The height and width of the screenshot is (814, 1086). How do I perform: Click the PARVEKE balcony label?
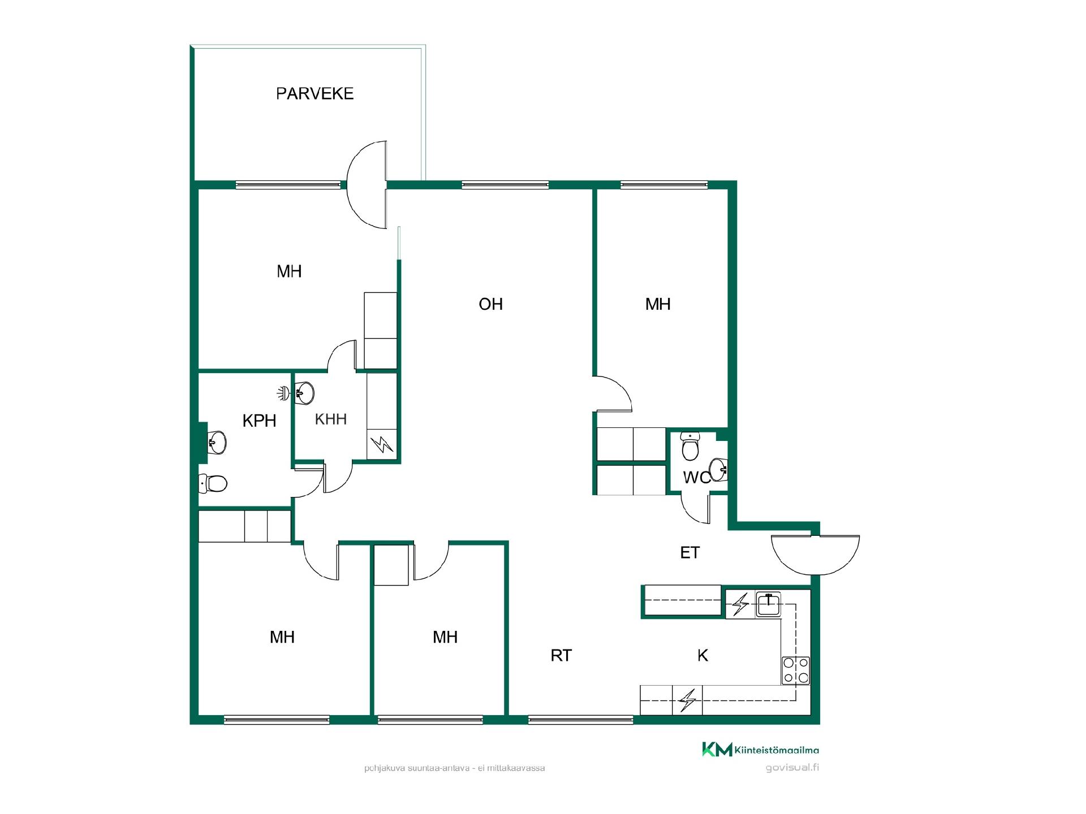314,93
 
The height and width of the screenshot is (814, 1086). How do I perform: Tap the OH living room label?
490,304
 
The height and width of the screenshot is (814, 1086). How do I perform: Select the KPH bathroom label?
259,421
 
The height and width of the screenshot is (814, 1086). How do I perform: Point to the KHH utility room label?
330,419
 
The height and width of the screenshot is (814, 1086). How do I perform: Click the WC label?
697,478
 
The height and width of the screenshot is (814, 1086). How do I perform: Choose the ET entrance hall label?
690,552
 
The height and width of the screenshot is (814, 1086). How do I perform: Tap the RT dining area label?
561,655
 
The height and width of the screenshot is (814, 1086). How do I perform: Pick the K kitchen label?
703,655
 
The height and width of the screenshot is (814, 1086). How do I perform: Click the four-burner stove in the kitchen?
796,670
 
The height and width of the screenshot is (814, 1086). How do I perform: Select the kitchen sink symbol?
769,605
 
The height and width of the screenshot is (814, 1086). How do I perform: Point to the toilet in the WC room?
690,447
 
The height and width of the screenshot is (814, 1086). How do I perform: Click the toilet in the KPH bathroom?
213,483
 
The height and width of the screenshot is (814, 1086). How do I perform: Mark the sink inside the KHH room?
304,392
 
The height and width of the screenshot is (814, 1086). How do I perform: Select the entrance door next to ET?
815,555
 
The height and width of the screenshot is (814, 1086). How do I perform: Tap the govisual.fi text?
792,768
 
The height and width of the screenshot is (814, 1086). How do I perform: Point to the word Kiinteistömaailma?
777,750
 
